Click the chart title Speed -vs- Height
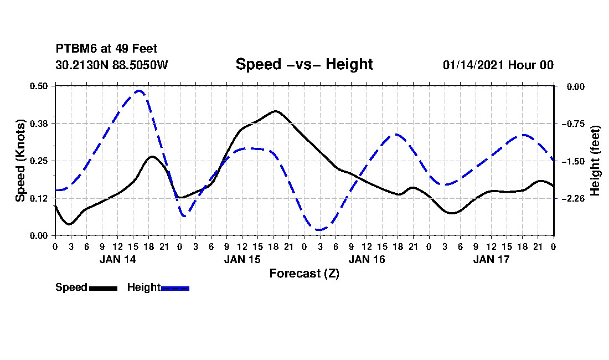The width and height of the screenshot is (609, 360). point(304,64)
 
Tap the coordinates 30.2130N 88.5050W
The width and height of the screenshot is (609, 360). point(112,65)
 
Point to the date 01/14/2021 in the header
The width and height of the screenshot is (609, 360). point(473,65)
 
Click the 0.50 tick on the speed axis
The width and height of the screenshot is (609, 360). point(38,86)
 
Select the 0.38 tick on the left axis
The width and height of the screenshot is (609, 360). point(38,124)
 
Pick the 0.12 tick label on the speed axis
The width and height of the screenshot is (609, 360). point(38,198)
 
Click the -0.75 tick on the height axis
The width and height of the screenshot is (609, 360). point(573,124)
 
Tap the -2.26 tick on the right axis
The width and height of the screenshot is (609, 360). point(573,198)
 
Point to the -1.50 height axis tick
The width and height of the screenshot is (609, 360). point(573,161)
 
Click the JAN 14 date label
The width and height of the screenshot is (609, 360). point(118,259)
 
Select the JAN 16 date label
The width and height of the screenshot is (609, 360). point(367,259)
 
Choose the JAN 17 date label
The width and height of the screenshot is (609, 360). point(491,259)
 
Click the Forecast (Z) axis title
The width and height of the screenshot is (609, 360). point(304,274)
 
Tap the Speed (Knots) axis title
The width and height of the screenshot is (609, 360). point(20,161)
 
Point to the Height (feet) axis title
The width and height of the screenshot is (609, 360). point(595,161)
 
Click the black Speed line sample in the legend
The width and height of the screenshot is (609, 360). point(103,288)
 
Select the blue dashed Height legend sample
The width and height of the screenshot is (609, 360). point(175,288)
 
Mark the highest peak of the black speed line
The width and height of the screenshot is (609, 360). point(275,111)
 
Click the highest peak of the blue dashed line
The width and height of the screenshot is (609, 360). point(140,91)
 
